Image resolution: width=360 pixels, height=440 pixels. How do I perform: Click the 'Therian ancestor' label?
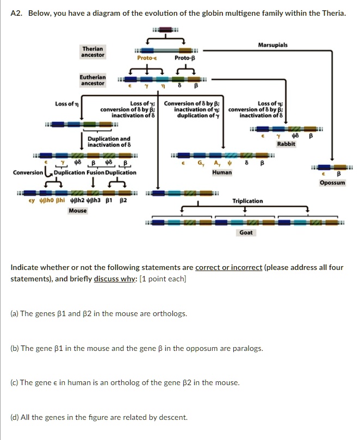tap(93, 52)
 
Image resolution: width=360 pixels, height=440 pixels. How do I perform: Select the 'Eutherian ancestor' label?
tap(93, 80)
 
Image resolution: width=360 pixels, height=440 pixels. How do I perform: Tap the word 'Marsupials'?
tap(273, 45)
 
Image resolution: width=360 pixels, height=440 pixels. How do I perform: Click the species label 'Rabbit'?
tap(286, 144)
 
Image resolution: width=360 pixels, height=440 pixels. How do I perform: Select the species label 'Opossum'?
tap(332, 183)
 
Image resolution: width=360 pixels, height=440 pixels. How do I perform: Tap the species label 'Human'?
tap(222, 172)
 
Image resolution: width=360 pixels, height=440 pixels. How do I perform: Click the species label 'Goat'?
tap(246, 232)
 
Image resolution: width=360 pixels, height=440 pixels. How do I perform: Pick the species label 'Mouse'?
tap(77, 210)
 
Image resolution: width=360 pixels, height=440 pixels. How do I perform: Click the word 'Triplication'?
tap(247, 201)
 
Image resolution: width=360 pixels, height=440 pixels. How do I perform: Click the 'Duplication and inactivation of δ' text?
tap(109, 141)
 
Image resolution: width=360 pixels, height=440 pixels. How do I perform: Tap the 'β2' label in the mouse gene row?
tap(123, 200)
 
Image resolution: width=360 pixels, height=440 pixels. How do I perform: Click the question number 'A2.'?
tap(18, 12)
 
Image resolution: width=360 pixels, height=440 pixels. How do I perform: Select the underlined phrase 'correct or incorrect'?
tap(229, 268)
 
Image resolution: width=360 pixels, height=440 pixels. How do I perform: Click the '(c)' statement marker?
tap(15, 382)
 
